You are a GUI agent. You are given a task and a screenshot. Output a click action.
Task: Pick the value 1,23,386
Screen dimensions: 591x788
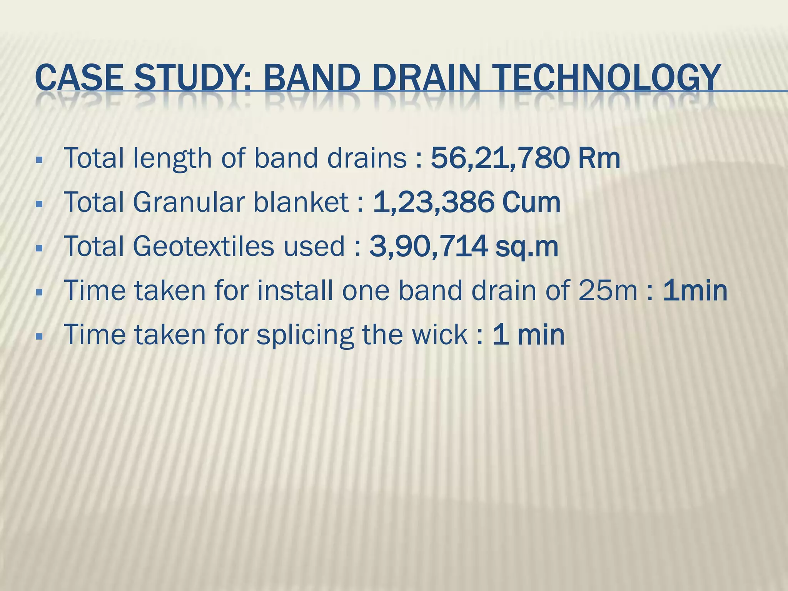433,202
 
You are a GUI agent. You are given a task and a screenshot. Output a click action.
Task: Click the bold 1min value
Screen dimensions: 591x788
695,290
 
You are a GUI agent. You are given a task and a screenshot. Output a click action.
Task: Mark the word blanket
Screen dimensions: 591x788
301,202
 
